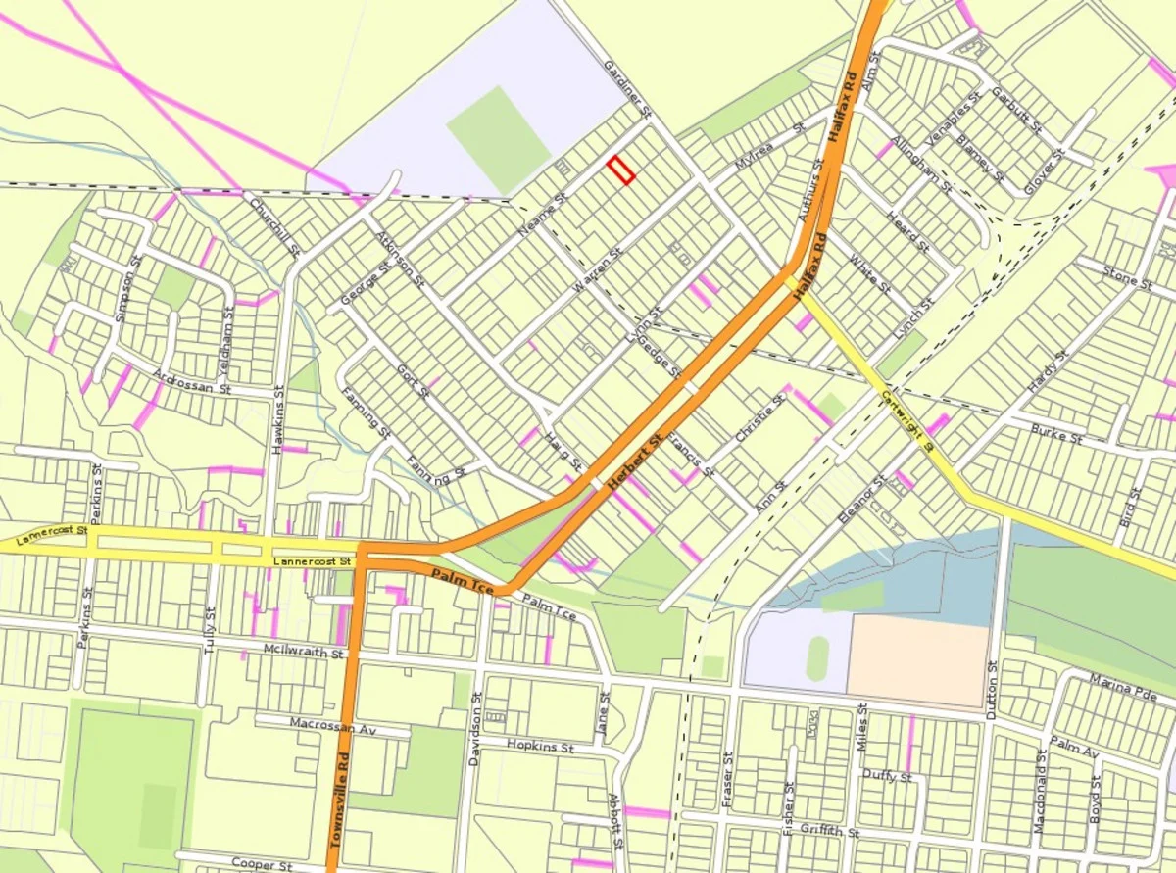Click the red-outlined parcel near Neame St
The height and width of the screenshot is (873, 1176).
620,170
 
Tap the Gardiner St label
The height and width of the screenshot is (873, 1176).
627,92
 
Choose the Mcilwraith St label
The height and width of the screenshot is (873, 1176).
304,652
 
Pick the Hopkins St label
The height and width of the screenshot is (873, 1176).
540,746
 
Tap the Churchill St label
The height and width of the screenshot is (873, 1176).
274,229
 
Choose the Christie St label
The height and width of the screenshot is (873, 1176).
760,419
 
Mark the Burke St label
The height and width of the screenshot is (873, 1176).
1056,434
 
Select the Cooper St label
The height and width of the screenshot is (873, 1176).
262,864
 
